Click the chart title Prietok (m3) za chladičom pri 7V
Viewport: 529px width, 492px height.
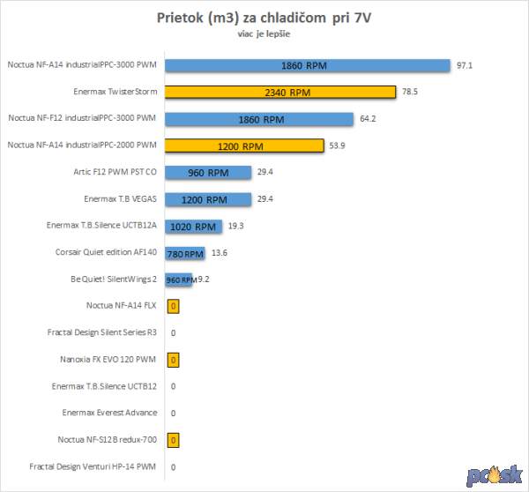click(264, 19)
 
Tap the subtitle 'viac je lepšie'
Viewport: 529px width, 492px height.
click(264, 35)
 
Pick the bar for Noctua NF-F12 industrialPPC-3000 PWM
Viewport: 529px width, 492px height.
click(260, 119)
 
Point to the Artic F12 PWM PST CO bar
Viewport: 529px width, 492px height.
click(208, 173)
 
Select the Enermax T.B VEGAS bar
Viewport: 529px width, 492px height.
click(208, 199)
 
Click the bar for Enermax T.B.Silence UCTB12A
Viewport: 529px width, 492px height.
click(193, 227)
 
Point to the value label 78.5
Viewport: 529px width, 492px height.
click(410, 92)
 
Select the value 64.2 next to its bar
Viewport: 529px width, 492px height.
click(369, 119)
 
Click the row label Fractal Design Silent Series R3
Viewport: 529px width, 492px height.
click(102, 333)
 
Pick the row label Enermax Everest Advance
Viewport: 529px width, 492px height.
click(110, 413)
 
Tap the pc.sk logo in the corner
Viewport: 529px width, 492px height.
click(495, 474)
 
